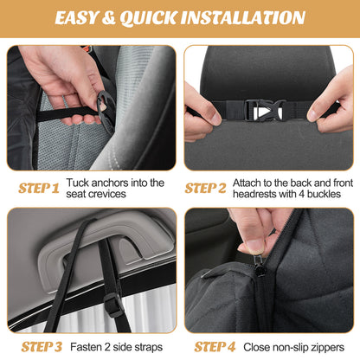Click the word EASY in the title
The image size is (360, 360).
pyautogui.click(x=83, y=17)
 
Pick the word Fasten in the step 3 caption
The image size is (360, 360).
pyautogui.click(x=89, y=346)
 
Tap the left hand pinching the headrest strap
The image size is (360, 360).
pyautogui.click(x=201, y=113)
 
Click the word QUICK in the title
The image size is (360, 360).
pyautogui.click(x=160, y=17)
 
